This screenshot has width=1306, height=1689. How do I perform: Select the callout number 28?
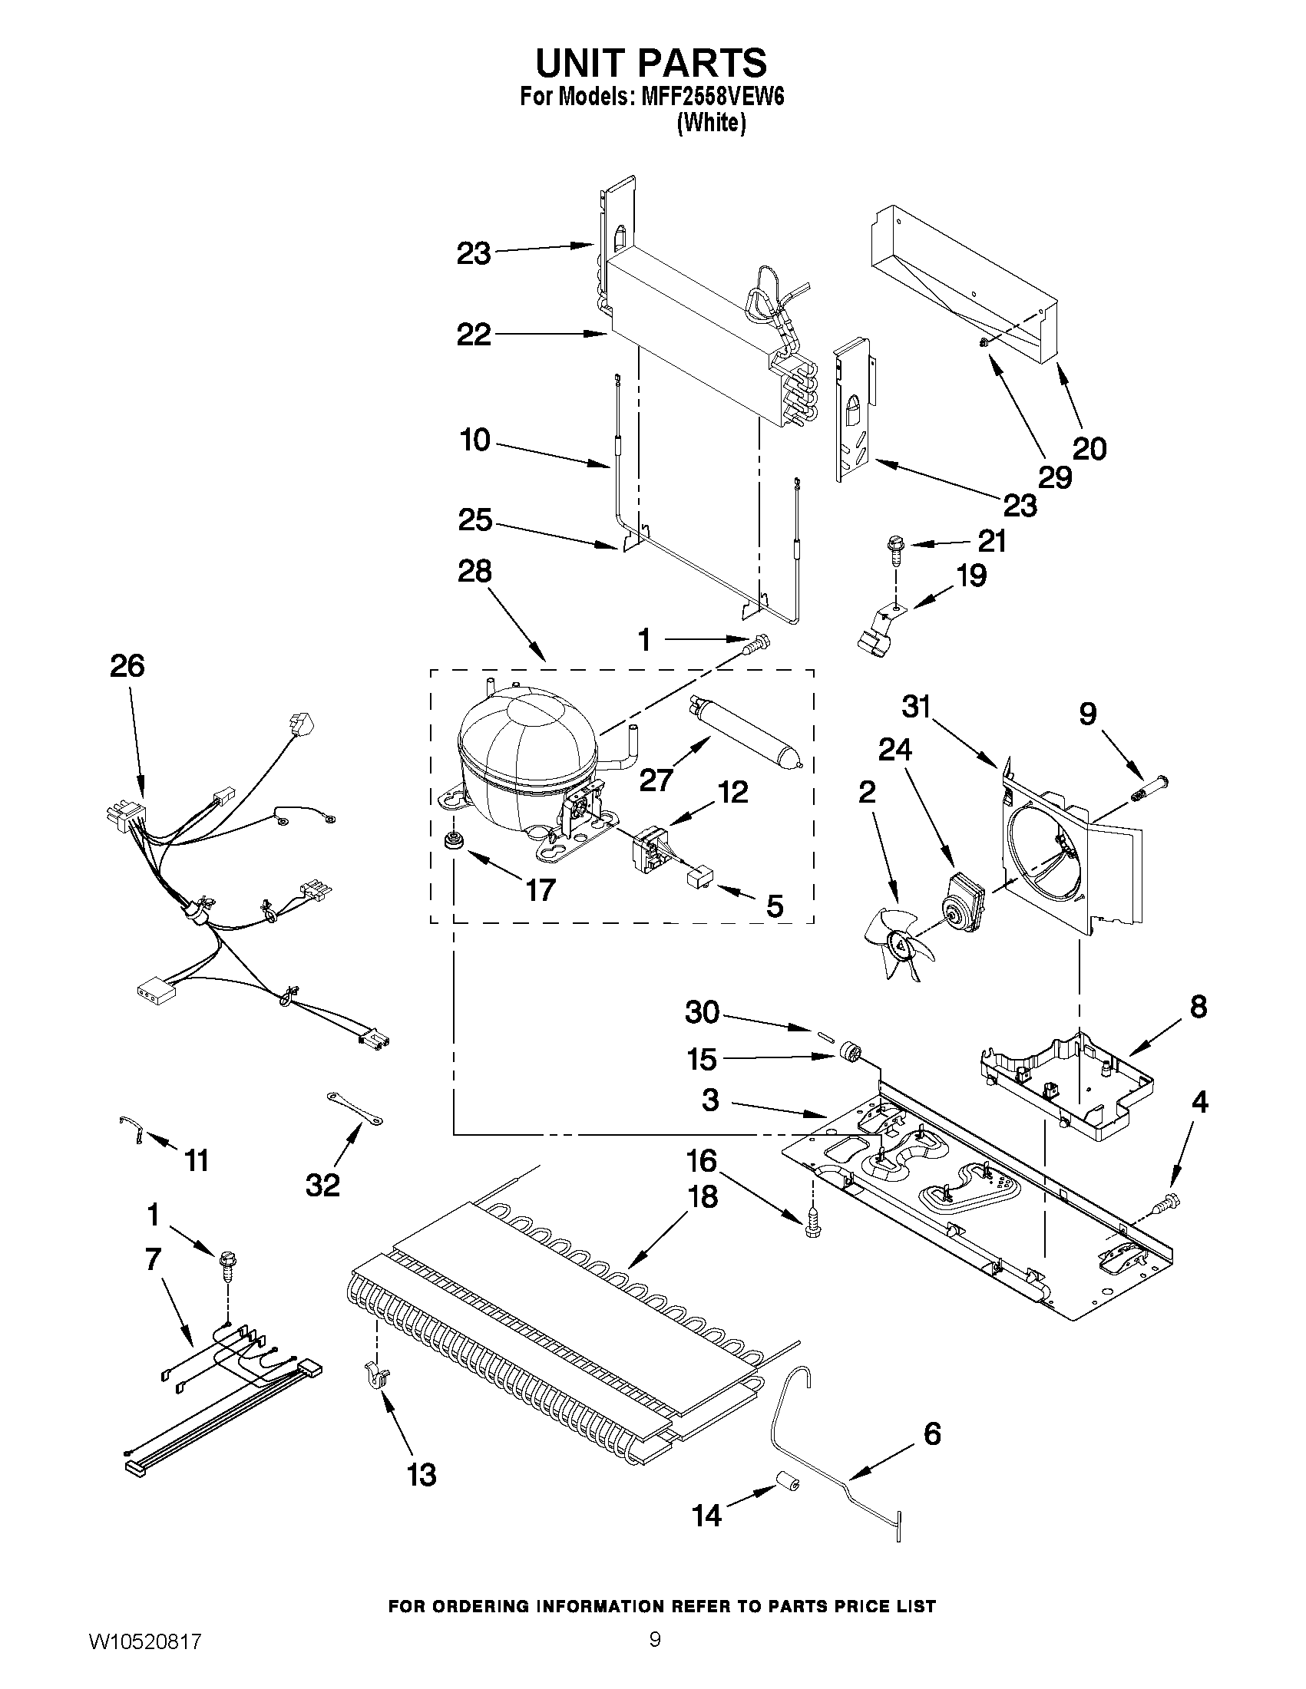click(474, 572)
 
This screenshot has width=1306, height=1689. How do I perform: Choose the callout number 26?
click(127, 665)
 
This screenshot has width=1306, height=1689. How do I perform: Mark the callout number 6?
click(932, 1433)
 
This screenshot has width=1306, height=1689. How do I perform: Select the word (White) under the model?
click(710, 123)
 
